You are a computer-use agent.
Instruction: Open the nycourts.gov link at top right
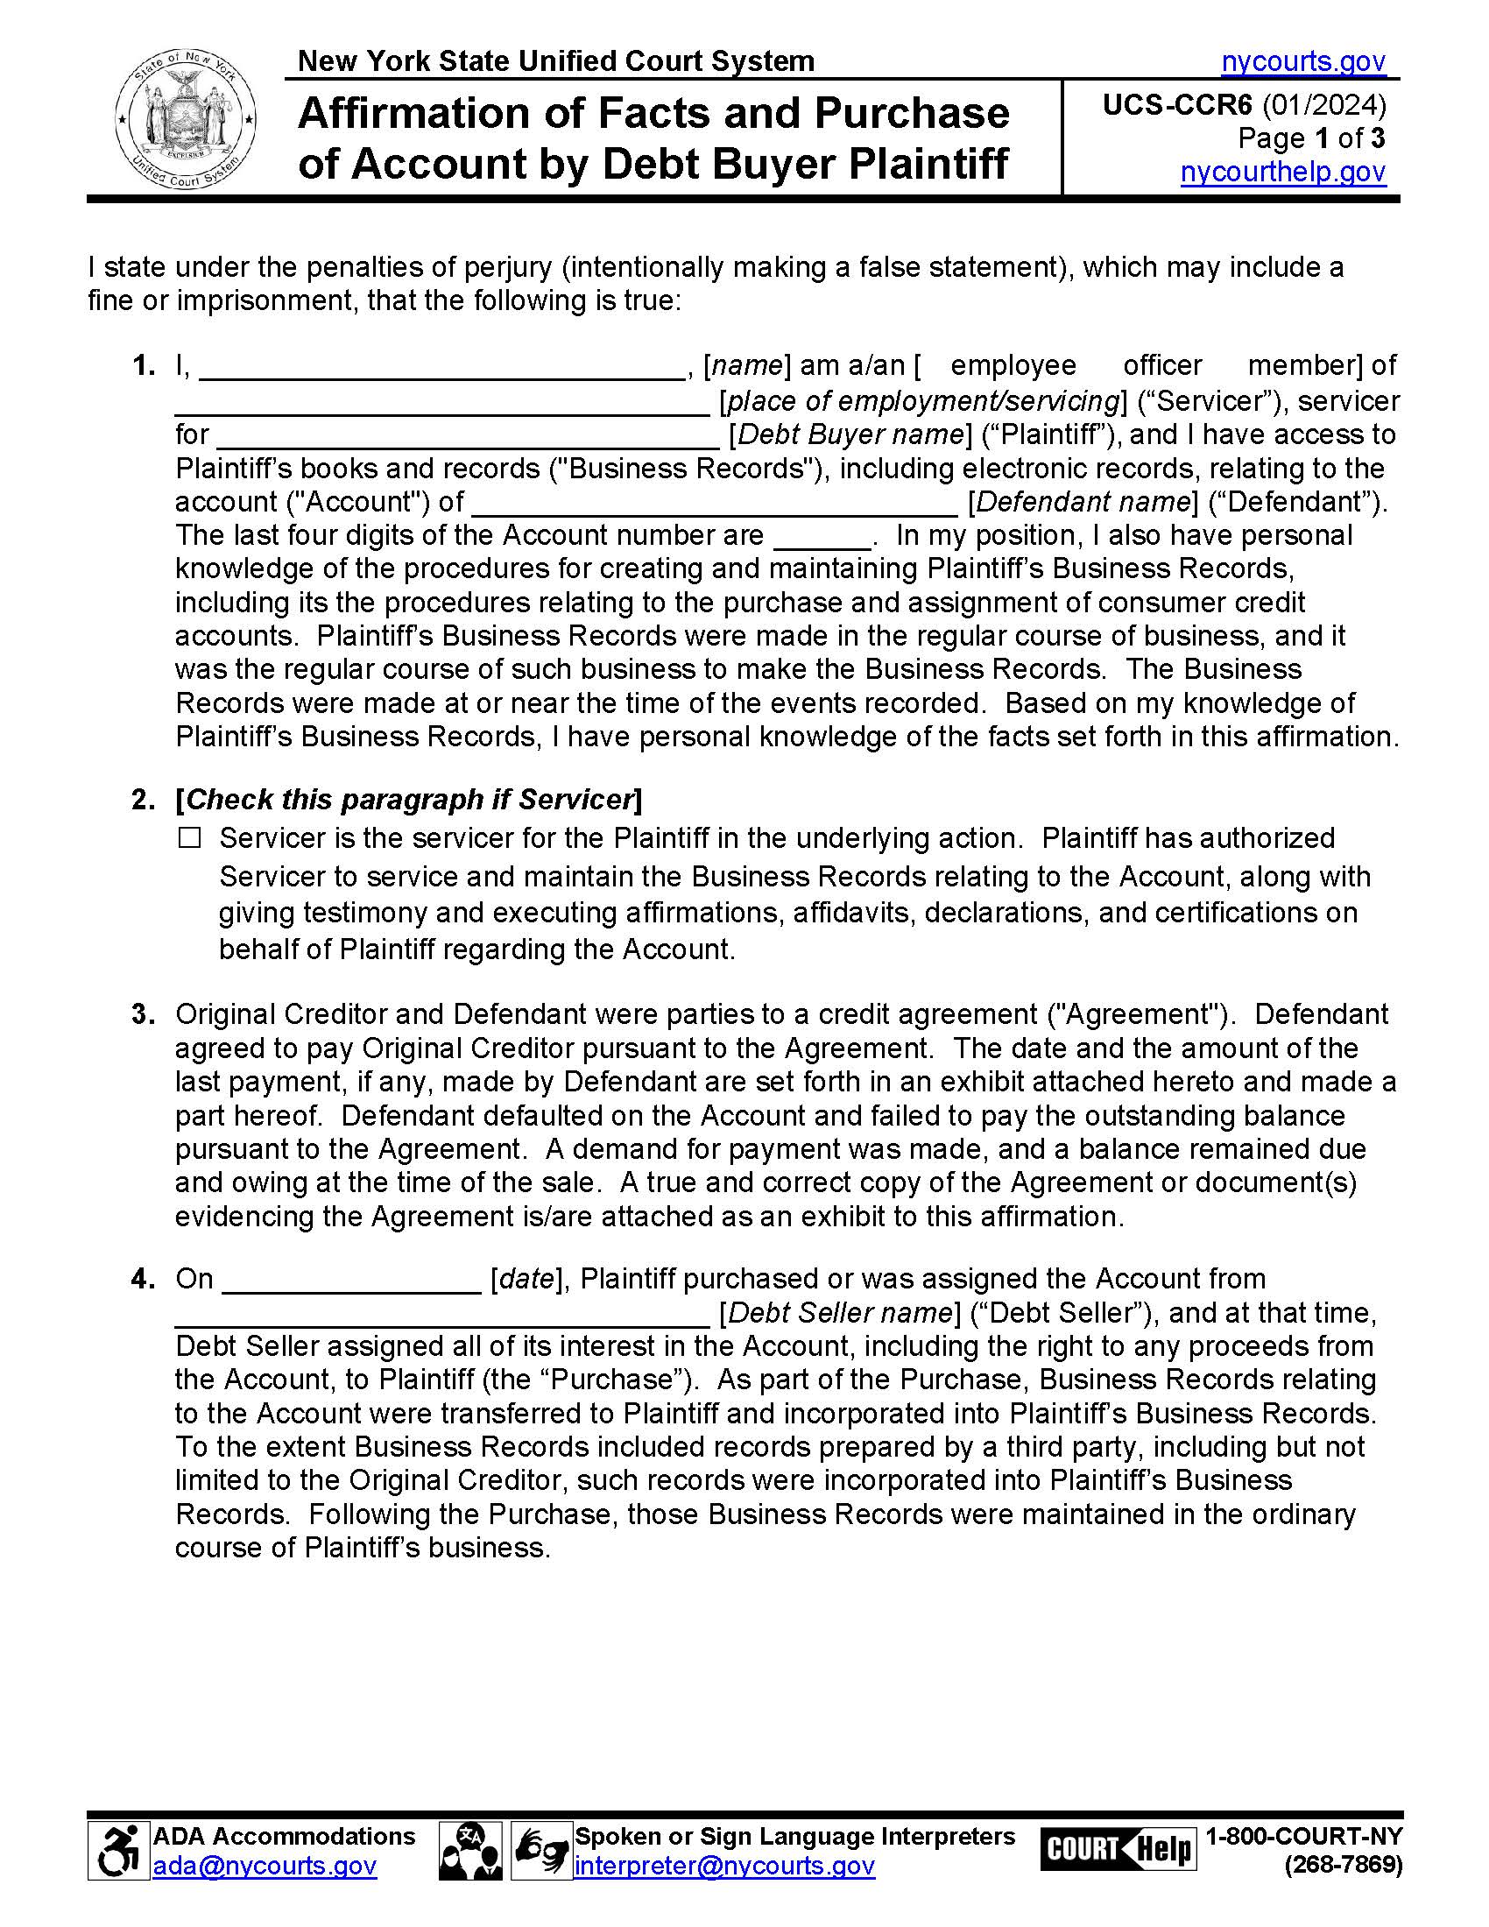(x=1303, y=61)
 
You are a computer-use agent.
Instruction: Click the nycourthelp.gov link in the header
(x=1282, y=171)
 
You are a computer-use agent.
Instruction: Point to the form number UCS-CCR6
(x=1176, y=105)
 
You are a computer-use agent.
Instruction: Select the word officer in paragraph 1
(x=1161, y=364)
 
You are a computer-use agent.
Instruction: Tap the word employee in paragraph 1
(x=1013, y=364)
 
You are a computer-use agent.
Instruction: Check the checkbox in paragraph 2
(x=190, y=837)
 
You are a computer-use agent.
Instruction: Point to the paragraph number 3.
(x=143, y=1013)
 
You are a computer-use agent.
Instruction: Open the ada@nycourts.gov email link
(x=265, y=1866)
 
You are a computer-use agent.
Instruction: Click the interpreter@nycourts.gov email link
(x=724, y=1866)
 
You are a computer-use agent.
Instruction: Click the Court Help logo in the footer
(x=1118, y=1848)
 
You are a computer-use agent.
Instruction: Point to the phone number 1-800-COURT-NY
(x=1303, y=1836)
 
